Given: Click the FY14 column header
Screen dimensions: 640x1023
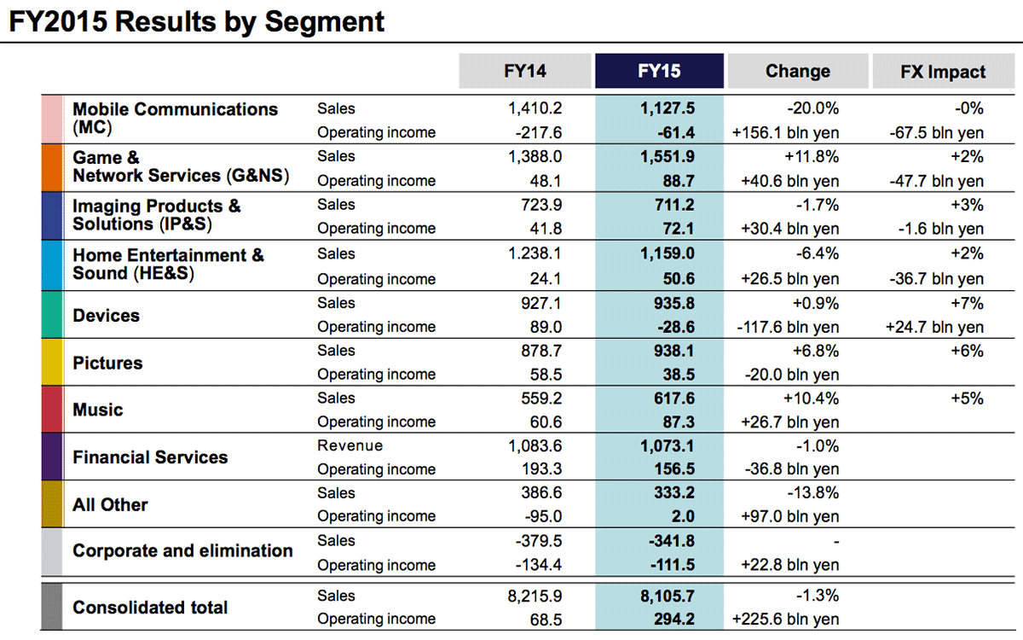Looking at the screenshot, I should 524,71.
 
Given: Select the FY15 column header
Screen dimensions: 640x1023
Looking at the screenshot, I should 659,71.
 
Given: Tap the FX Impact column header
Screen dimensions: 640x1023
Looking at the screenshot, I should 942,72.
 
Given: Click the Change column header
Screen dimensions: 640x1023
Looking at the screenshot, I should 797,71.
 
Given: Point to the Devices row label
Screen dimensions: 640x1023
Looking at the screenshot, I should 106,316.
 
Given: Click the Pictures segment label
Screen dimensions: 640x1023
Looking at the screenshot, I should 107,364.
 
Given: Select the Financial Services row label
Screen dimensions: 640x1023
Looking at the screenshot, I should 150,457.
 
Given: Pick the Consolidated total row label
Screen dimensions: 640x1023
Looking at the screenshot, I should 150,608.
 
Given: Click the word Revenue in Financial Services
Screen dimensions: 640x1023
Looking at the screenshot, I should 350,445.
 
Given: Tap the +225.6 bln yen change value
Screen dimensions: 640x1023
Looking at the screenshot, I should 785,619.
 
